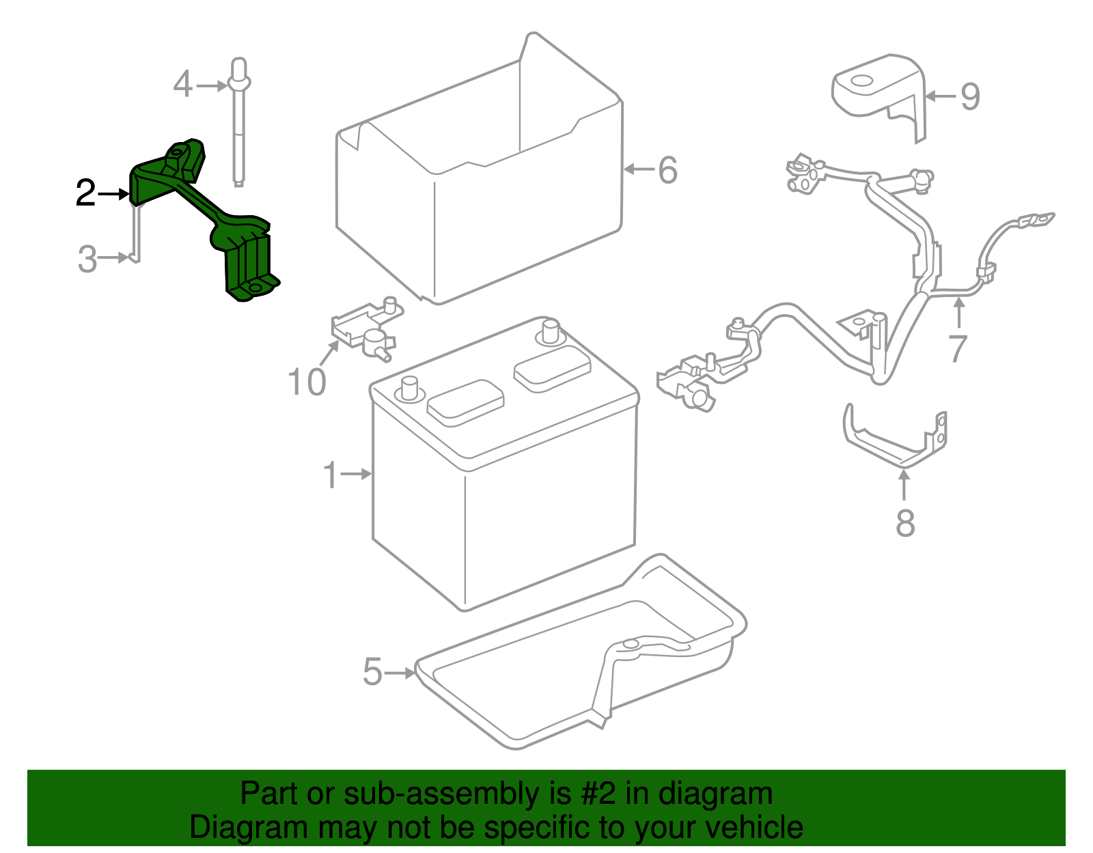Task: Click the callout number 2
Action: click(x=85, y=193)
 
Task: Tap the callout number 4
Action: click(x=182, y=85)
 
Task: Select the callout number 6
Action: click(x=667, y=170)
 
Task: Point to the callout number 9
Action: click(x=970, y=96)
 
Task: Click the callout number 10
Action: click(x=307, y=382)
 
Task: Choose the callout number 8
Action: click(x=905, y=524)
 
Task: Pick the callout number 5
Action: click(x=372, y=672)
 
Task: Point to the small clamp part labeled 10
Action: click(x=365, y=328)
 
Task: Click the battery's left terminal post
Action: click(x=410, y=389)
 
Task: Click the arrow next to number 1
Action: click(x=357, y=473)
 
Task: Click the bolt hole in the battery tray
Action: click(x=630, y=644)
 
